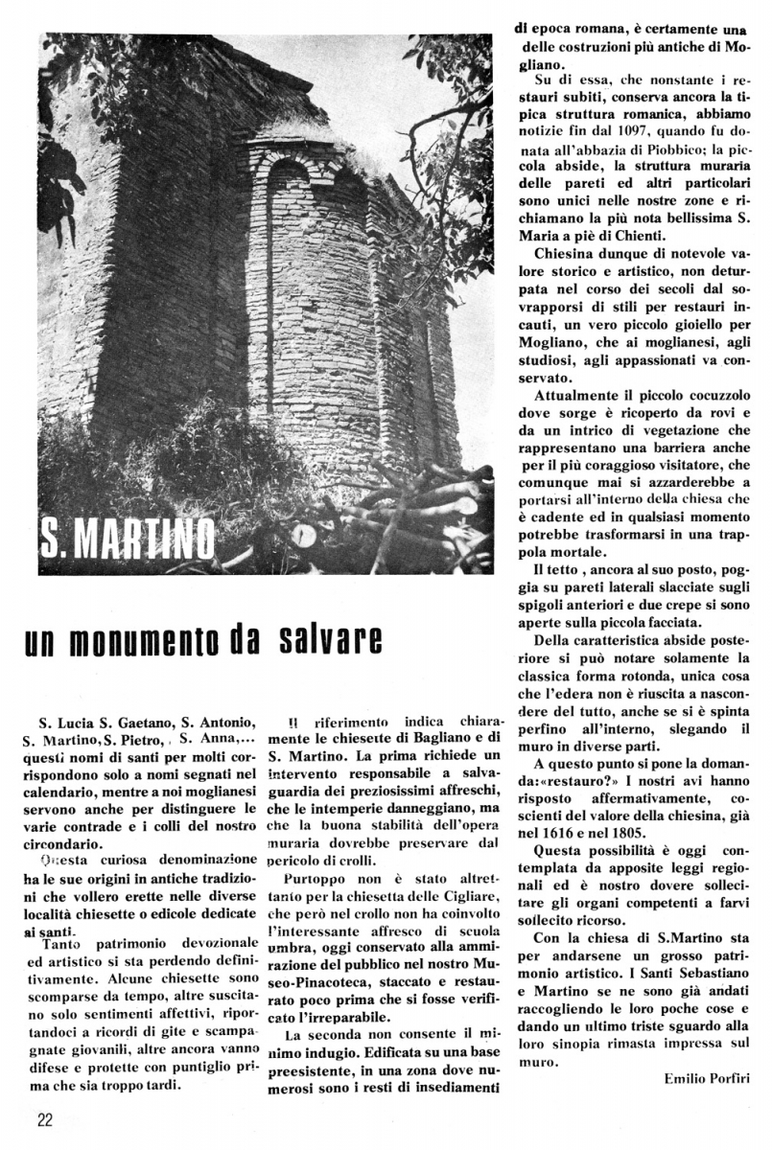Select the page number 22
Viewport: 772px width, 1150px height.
46,1119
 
